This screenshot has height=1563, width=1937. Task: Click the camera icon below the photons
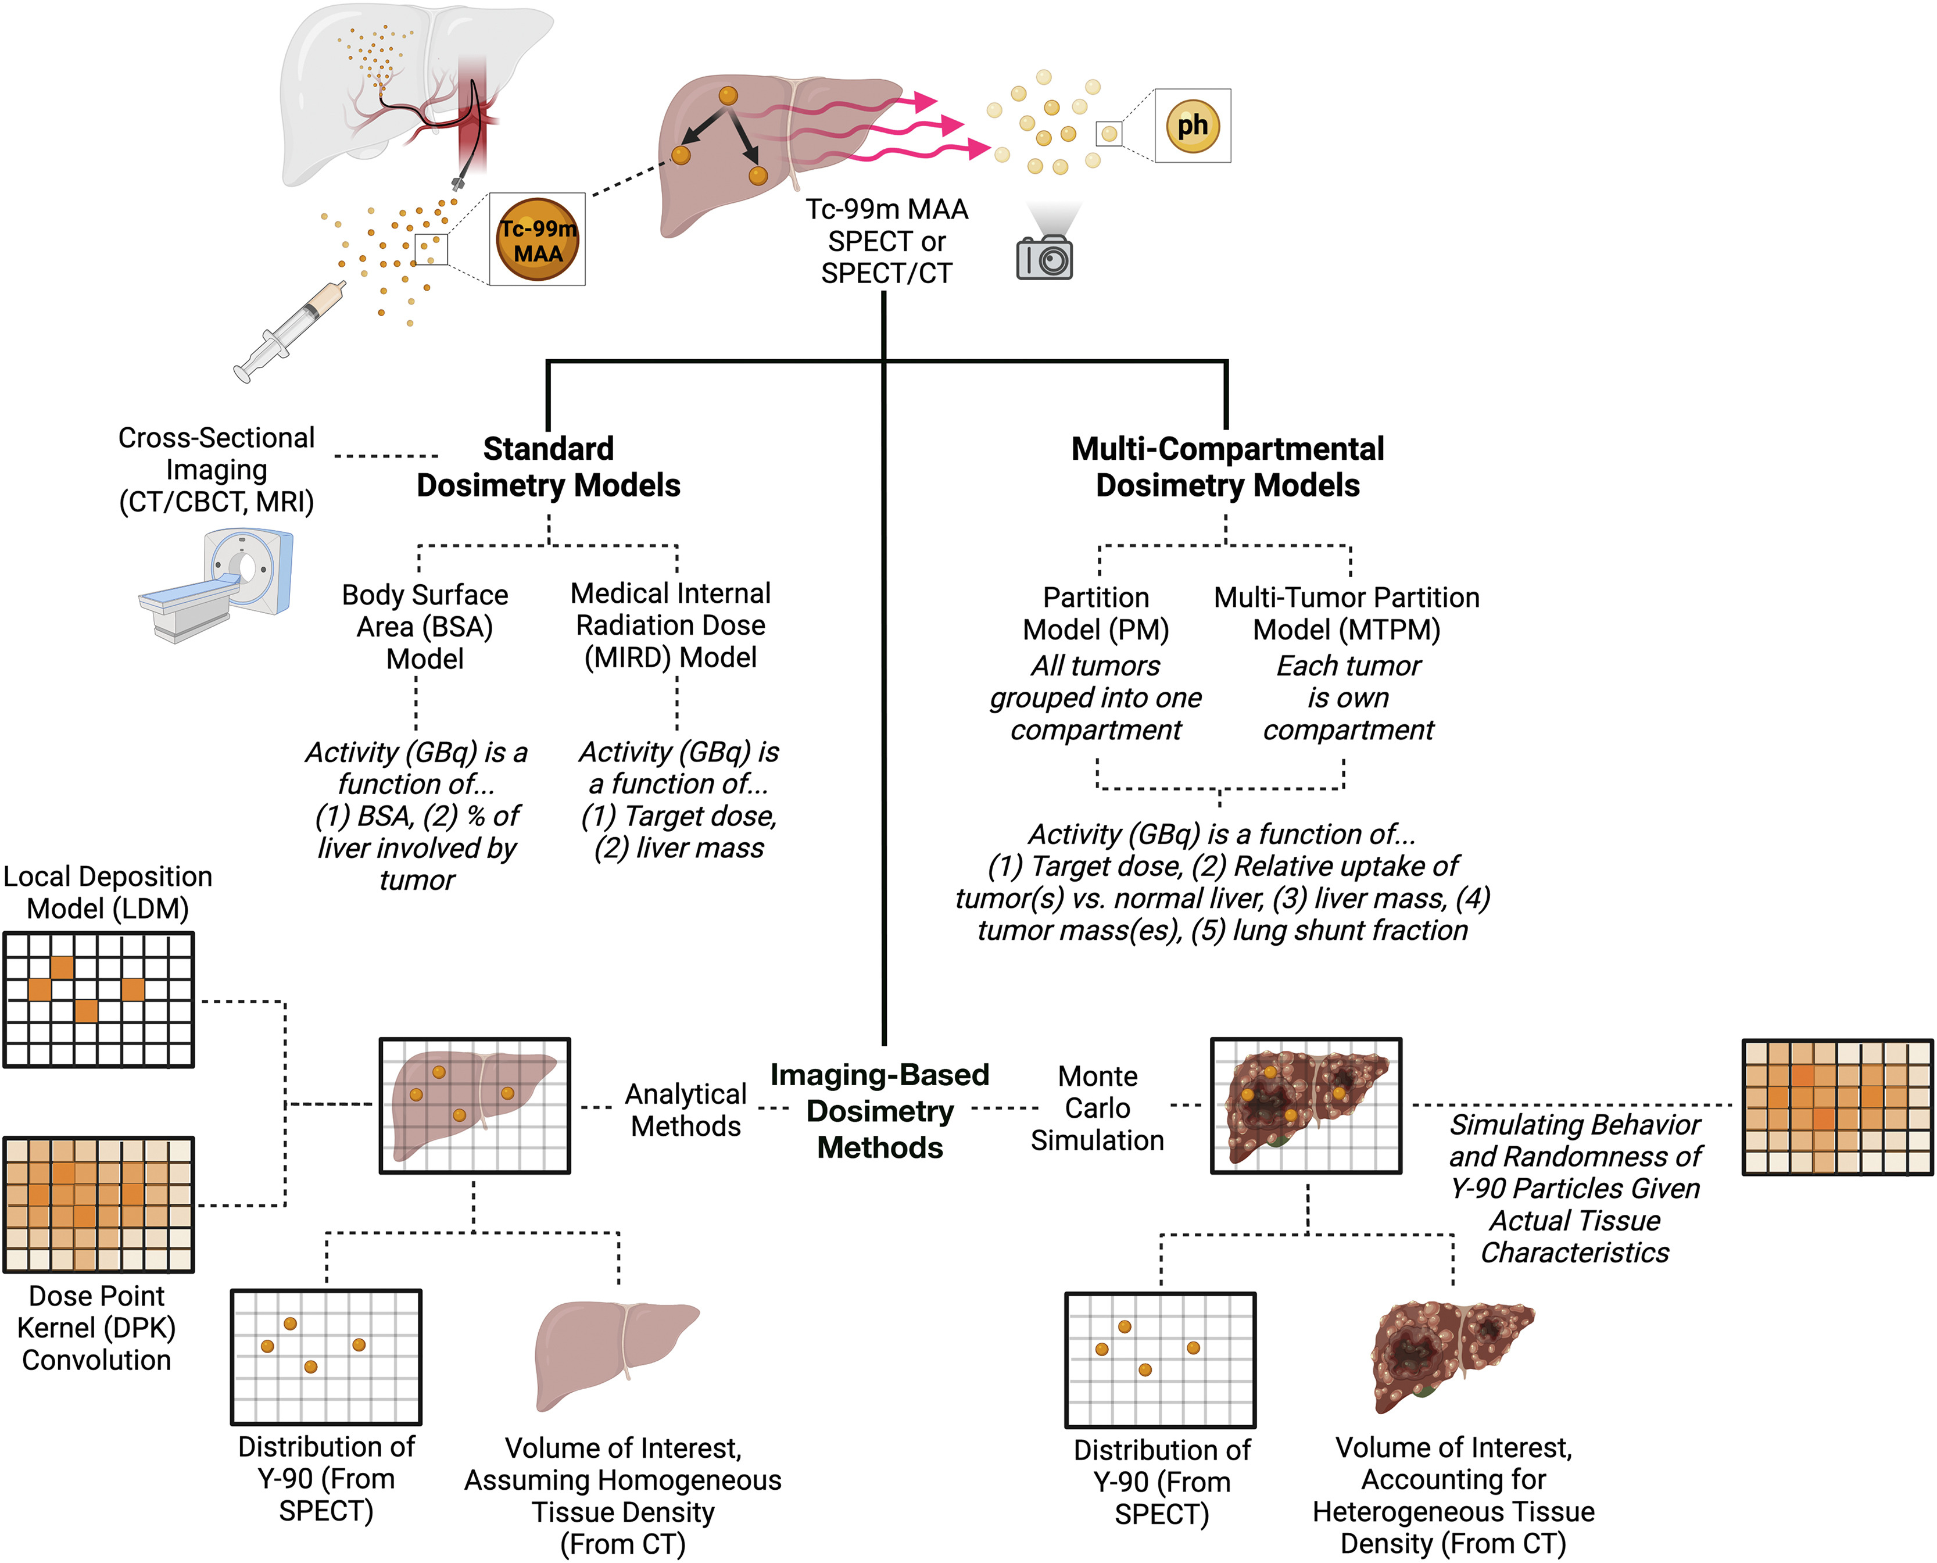[x=1044, y=259]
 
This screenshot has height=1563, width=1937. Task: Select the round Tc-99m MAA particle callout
[x=538, y=241]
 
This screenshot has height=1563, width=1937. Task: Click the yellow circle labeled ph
[x=1193, y=126]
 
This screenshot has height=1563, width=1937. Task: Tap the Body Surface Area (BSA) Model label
[x=425, y=627]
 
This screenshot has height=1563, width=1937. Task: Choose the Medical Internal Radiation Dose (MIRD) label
[x=671, y=625]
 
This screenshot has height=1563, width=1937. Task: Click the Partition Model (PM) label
[x=1095, y=613]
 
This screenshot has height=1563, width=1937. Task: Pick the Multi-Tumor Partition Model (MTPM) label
[x=1347, y=613]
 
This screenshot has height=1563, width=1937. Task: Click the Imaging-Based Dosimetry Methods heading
[x=879, y=1111]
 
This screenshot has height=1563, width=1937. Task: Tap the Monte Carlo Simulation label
[x=1097, y=1108]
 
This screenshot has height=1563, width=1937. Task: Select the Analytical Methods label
[x=686, y=1110]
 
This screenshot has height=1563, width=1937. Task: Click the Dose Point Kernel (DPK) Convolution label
[x=97, y=1328]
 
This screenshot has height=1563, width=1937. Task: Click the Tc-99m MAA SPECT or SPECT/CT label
[x=887, y=241]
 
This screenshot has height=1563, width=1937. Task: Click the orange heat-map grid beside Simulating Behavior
[x=1837, y=1107]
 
